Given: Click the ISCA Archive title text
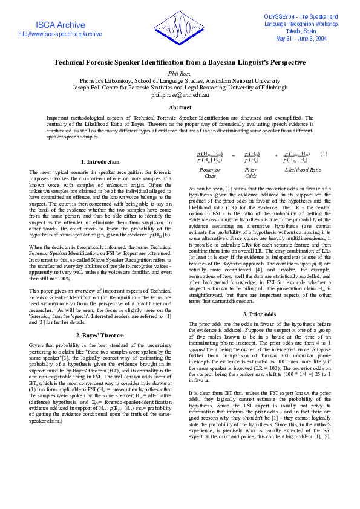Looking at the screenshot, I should point(60,25).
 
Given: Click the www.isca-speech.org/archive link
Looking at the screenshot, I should point(60,34).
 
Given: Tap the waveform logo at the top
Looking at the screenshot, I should point(179,27).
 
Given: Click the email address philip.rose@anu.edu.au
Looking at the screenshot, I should point(180,95).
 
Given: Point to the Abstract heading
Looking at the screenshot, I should point(180,108).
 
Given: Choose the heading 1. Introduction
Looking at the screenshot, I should point(100,162).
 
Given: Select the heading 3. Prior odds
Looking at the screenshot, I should point(260,314).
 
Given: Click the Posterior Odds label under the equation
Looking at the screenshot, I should point(210,173).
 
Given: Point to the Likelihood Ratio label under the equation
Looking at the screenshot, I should point(303,170).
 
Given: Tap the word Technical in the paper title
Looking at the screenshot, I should point(73,62).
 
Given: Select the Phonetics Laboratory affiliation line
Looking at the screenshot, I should point(180,80).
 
